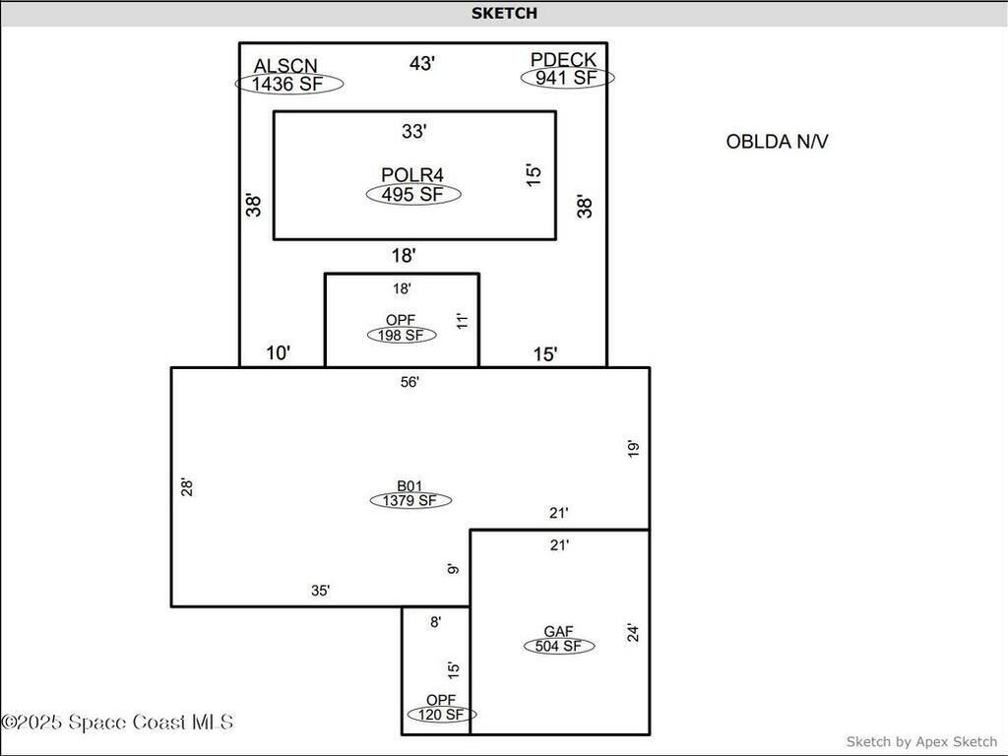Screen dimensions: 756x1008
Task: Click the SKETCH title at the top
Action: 504,13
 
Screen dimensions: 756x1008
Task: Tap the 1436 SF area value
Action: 288,84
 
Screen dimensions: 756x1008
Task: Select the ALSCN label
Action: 285,66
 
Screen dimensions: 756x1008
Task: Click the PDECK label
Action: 563,61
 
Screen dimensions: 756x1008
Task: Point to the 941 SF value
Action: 566,78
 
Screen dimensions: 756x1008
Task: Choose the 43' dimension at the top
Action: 422,63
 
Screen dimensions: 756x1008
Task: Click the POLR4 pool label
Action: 412,175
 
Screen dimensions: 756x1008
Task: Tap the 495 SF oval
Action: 413,194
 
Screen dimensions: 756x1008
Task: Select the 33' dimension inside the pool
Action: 413,130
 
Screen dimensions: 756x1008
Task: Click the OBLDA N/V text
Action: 777,141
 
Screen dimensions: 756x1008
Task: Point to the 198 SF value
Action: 402,335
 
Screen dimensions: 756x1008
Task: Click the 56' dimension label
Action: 410,381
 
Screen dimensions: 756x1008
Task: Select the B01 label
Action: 409,485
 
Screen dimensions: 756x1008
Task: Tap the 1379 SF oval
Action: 410,500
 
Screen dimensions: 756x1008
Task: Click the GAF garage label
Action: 558,632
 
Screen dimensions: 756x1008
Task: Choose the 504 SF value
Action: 559,647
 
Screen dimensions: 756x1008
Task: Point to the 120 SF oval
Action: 441,715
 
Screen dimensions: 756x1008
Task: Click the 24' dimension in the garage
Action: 634,633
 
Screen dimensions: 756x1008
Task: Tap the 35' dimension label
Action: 321,591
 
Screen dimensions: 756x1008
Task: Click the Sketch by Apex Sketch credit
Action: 921,741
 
